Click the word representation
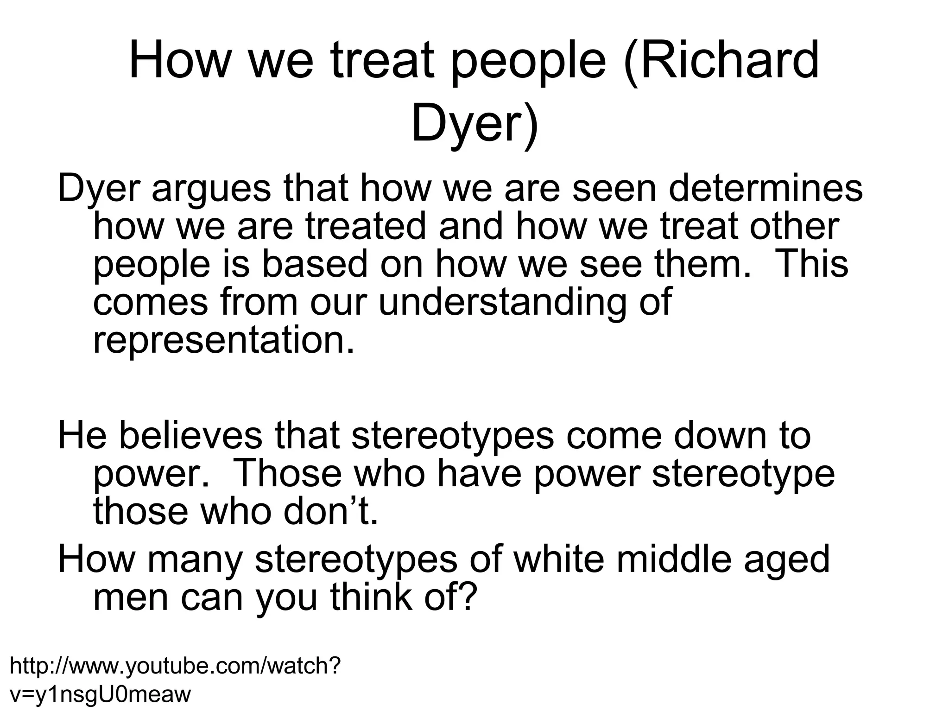pyautogui.click(x=224, y=340)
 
